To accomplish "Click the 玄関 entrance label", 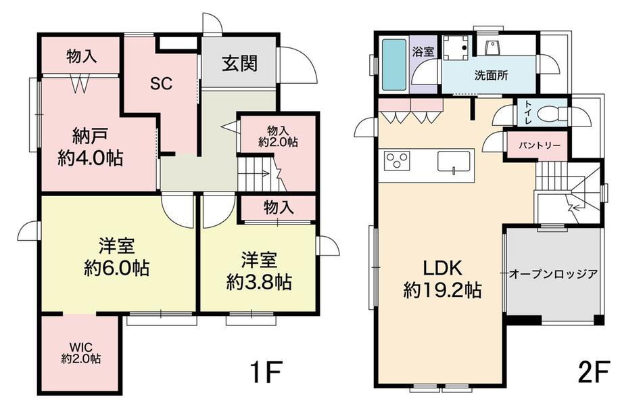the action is tap(239, 64).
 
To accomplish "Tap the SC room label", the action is tap(162, 83).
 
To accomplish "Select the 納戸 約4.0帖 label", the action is tap(91, 147).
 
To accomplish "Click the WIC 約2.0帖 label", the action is tap(81, 354).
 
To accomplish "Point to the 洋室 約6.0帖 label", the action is tap(117, 257).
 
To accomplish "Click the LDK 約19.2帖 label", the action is tap(443, 279).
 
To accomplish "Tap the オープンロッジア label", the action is tap(553, 274).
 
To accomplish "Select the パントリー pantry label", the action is tap(540, 145).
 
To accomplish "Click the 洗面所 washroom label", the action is tap(491, 75).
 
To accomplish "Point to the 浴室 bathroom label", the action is tap(423, 51).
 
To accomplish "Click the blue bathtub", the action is tap(394, 64).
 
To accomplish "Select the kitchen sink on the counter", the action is tap(454, 161).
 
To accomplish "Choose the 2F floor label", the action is tap(593, 371).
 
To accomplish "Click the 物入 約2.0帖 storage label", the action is tap(278, 136).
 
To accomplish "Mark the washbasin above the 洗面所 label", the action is tap(491, 47).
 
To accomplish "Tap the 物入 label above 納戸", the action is tap(81, 56).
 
